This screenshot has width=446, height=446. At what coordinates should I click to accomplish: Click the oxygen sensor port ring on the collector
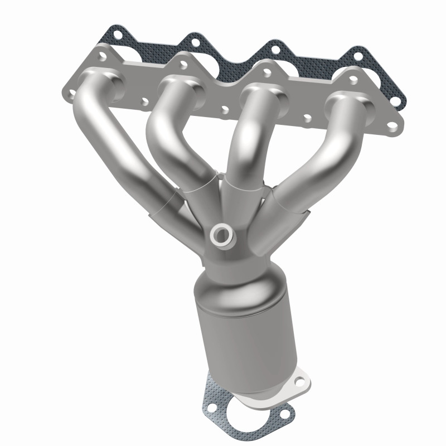pos(222,235)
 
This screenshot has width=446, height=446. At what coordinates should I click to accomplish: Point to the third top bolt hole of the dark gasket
pos(273,48)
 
